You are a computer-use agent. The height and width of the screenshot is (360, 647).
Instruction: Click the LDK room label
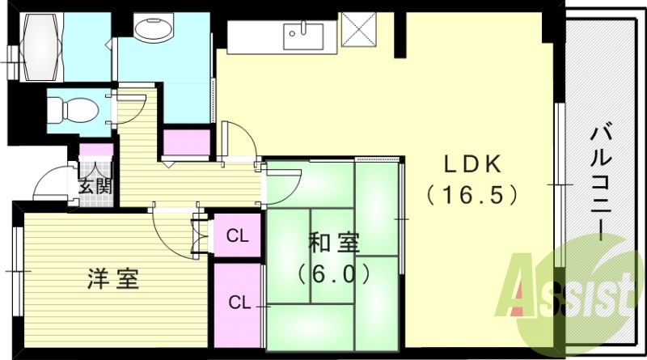click(x=472, y=165)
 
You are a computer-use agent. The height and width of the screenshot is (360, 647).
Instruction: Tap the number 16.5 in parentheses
click(x=472, y=195)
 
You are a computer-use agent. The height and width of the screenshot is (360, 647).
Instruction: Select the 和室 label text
click(x=333, y=243)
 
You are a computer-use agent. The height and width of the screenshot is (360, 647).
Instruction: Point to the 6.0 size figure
click(x=334, y=273)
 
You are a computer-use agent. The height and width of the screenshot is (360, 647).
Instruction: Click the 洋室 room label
click(x=113, y=279)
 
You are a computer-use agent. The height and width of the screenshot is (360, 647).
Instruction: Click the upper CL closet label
click(x=237, y=237)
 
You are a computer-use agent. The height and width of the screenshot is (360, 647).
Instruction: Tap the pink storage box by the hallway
click(x=187, y=142)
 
